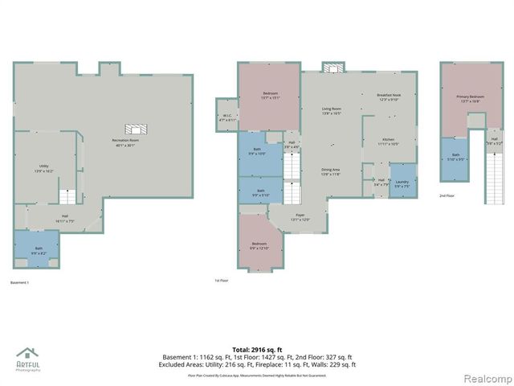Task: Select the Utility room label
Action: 43,169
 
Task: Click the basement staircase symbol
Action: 69,196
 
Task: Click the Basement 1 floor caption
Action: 19,282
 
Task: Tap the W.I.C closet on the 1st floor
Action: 227,118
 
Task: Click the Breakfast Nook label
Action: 389,97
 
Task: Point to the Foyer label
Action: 300,218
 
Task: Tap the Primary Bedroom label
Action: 469,100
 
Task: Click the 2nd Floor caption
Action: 447,195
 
